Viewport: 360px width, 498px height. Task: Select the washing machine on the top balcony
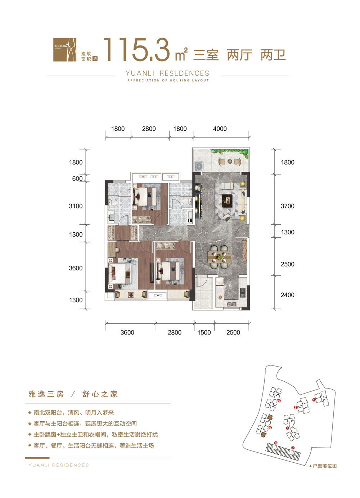coord(198,166)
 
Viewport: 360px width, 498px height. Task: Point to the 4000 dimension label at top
coord(220,129)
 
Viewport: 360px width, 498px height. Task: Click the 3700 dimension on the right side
coord(287,206)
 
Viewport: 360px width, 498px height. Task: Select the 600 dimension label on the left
coord(77,179)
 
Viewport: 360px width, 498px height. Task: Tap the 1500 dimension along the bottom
coord(204,332)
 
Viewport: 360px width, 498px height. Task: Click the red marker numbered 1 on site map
coord(314,399)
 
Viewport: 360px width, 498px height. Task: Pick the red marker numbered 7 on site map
coord(293,448)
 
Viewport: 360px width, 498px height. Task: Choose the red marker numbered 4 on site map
coord(279,400)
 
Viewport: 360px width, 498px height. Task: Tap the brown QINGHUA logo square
coord(65,50)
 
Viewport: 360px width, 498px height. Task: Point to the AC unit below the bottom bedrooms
coord(158,296)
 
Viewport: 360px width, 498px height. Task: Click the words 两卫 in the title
coord(273,55)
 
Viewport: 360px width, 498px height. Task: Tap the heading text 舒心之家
coord(100,394)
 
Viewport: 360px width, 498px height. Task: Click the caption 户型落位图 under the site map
coord(324,466)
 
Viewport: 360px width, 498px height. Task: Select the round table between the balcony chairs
coord(230,162)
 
